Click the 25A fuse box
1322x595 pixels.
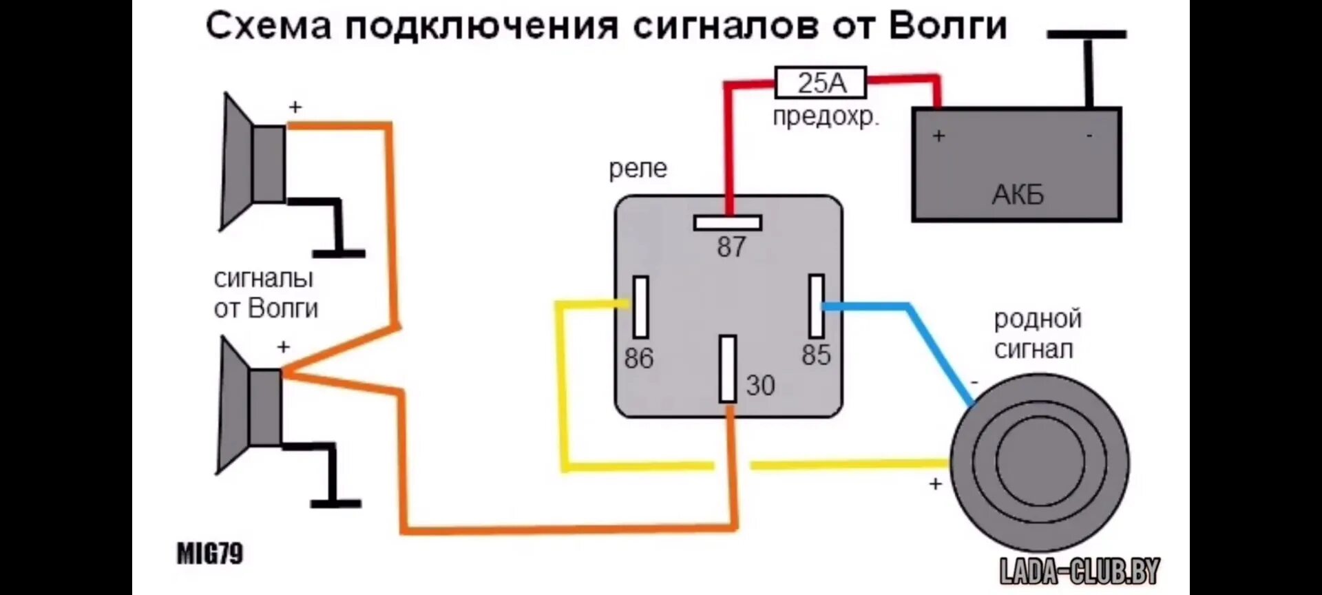821,83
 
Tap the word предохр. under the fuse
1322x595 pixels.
826,116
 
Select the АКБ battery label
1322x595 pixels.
1018,195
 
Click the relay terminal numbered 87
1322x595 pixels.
728,223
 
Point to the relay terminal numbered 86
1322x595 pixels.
641,307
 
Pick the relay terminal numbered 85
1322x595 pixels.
817,305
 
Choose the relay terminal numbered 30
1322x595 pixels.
728,369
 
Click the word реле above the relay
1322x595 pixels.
638,169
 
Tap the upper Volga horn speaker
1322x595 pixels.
251,163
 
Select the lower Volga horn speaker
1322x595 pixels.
249,406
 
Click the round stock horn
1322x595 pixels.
1039,462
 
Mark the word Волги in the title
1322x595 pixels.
947,26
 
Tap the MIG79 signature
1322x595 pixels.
210,554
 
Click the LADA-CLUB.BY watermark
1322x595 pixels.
1080,571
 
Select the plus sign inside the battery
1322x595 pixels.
938,136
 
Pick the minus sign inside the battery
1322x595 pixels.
1089,136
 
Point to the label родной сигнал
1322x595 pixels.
1038,334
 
